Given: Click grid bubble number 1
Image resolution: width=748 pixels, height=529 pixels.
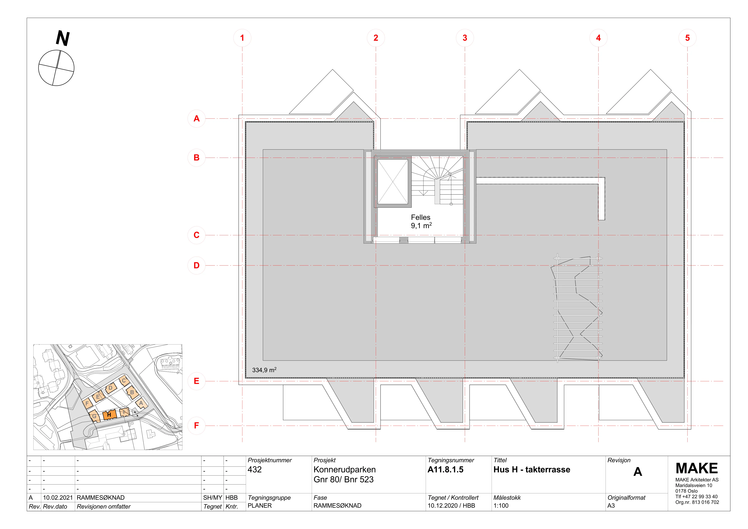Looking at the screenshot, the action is [242, 38].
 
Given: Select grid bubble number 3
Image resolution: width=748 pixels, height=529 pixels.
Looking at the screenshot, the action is [465, 38].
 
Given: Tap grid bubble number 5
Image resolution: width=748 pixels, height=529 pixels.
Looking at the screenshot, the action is [687, 38].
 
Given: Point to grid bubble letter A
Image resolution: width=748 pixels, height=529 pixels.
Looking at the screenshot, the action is [196, 119].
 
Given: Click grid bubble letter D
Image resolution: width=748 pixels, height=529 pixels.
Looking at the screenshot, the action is [196, 265].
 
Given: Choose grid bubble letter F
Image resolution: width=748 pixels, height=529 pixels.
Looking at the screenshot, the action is [196, 425].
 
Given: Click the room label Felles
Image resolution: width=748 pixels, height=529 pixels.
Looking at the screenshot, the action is [421, 217].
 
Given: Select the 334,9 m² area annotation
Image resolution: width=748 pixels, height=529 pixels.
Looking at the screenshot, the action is [264, 370].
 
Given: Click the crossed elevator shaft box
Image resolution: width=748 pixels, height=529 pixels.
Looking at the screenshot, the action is [393, 182].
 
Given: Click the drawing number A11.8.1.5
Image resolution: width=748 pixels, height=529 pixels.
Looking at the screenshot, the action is [445, 469].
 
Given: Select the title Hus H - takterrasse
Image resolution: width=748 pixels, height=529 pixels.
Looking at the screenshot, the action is [532, 469].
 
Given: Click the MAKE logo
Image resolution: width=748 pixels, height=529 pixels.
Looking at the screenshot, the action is [697, 468].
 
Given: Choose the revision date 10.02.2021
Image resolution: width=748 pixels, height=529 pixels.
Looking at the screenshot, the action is [58, 498].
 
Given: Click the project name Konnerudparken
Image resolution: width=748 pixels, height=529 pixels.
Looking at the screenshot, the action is [345, 469].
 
